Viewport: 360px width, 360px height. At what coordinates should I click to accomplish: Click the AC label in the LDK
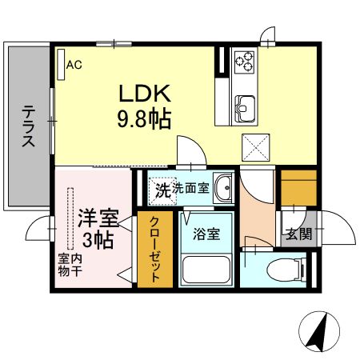(74, 66)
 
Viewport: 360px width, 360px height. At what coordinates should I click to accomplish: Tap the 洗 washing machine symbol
(162, 190)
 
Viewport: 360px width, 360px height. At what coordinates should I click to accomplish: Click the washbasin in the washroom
(225, 190)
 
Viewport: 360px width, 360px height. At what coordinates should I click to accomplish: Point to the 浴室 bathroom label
(206, 235)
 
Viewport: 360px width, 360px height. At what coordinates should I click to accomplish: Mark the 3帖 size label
(99, 238)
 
